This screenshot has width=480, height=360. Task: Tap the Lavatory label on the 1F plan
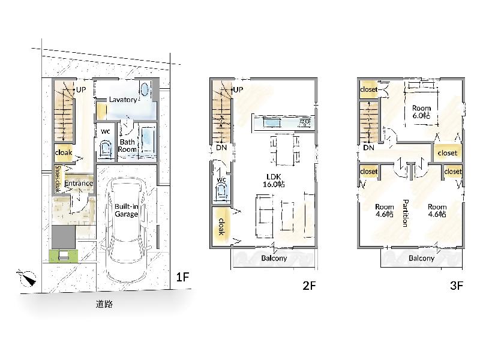tap(123, 100)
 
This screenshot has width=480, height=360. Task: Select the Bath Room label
tap(127, 146)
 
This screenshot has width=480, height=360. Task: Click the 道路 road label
tap(104, 304)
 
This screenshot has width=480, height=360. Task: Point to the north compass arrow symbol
tap(27, 278)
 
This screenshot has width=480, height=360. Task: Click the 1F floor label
tap(182, 277)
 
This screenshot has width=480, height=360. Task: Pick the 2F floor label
tap(309, 286)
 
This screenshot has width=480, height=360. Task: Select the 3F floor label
tap(456, 286)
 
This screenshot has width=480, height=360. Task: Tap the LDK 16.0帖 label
tap(274, 181)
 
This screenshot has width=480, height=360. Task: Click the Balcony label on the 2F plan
tap(274, 258)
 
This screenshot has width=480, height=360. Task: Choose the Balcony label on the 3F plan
tap(422, 258)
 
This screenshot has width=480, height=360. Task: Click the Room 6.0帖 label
tap(421, 112)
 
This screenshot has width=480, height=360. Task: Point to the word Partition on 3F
tap(405, 213)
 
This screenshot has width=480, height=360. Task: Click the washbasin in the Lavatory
tap(145, 89)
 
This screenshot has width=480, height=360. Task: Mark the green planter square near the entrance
tap(64, 256)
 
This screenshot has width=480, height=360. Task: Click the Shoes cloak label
tap(58, 179)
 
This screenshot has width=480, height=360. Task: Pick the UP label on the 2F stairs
tap(238, 89)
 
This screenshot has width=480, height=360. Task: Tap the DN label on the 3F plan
tap(369, 148)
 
